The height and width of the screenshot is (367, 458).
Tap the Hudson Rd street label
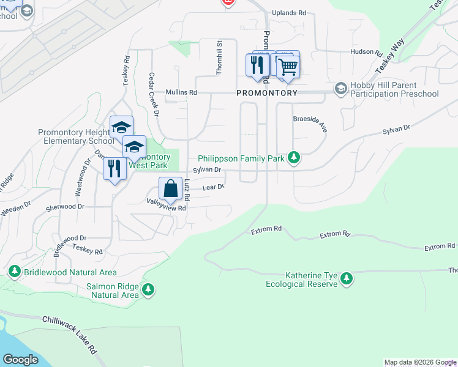click(366, 53)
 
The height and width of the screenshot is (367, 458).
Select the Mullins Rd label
click(181, 93)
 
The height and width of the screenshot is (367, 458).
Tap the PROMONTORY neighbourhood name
click(267, 93)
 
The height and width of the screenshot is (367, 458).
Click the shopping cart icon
click(288, 66)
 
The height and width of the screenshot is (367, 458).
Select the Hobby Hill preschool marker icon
click(340, 89)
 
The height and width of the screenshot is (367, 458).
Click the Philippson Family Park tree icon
click(295, 158)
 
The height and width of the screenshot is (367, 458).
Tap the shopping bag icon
click(171, 188)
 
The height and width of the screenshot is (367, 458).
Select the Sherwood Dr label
click(64, 207)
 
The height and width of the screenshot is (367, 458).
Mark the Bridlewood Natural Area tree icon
click(14, 270)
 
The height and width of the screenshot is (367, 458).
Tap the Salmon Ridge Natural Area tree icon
click(148, 290)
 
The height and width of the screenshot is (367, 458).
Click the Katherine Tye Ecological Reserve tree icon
click(347, 279)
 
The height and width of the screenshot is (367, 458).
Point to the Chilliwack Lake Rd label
click(70, 335)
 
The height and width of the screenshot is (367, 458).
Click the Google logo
click(20, 360)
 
